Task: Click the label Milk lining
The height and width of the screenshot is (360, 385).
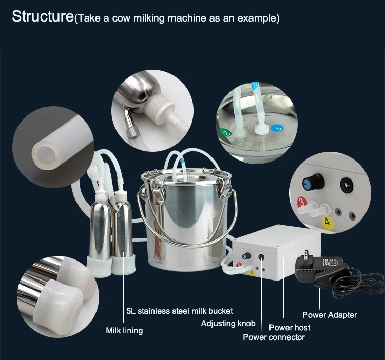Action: [124, 330]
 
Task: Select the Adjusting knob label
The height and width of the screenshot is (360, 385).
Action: [228, 324]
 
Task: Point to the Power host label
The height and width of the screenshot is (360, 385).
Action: [290, 327]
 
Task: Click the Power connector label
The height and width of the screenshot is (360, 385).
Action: [274, 337]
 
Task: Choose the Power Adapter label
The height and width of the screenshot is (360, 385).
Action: [329, 315]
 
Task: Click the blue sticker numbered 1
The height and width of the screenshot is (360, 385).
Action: [277, 127]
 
